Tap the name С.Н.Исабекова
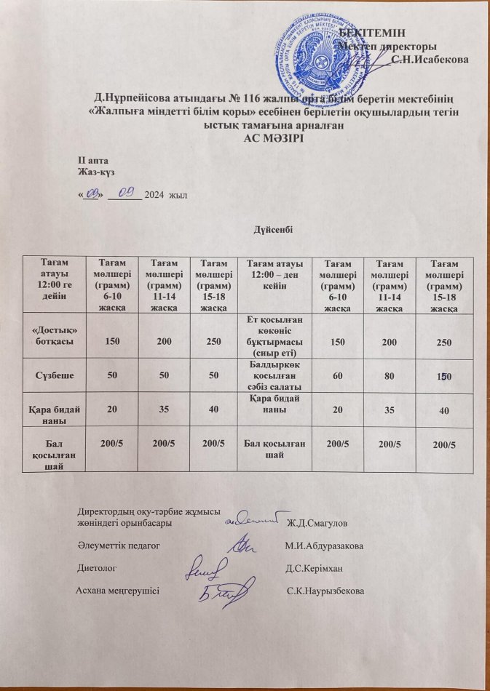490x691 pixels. pyautogui.click(x=430, y=59)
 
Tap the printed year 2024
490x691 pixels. pyautogui.click(x=154, y=194)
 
